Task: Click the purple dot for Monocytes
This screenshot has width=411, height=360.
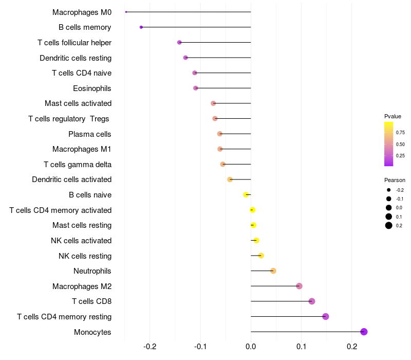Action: (x=364, y=332)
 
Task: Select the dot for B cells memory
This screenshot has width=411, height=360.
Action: (x=141, y=27)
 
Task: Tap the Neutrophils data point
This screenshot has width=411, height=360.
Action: (x=273, y=271)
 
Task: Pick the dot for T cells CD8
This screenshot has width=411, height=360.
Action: (x=312, y=301)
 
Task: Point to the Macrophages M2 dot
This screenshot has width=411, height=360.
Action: (x=300, y=286)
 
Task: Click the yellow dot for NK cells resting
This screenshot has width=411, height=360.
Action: (x=261, y=256)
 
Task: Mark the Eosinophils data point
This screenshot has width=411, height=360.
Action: (x=196, y=88)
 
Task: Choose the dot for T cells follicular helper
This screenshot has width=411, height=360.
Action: (x=179, y=42)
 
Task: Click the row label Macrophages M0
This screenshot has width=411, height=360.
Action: (x=82, y=12)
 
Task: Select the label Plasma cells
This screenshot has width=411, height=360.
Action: (x=90, y=134)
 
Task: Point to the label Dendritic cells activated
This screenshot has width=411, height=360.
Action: (x=71, y=179)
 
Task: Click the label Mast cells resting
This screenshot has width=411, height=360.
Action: (x=82, y=225)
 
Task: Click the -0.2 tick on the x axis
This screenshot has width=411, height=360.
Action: (x=150, y=347)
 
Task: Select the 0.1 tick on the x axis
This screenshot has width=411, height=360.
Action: (x=301, y=347)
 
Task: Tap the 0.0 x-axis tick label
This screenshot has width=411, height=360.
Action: (x=251, y=347)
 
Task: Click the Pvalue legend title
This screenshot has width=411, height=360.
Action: (x=393, y=116)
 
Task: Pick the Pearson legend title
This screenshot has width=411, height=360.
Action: (x=395, y=180)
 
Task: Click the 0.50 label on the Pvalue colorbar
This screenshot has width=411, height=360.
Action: (x=400, y=144)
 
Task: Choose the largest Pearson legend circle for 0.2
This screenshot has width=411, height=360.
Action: (x=389, y=226)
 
